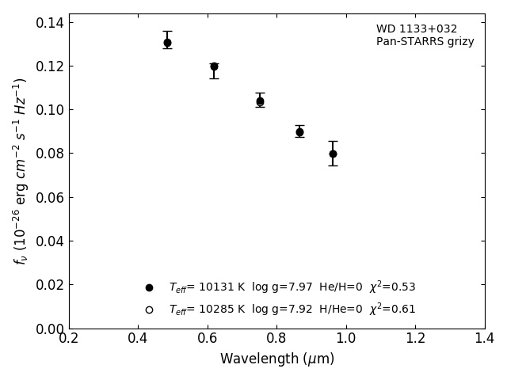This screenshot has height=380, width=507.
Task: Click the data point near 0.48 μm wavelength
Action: (x=167, y=43)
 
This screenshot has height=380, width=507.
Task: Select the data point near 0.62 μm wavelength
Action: (x=214, y=66)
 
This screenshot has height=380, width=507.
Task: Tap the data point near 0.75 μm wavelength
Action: (x=260, y=101)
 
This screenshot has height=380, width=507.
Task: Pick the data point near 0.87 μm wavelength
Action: (x=299, y=132)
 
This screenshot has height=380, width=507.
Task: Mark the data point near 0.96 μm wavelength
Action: (x=333, y=154)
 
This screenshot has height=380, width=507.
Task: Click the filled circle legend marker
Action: (x=149, y=287)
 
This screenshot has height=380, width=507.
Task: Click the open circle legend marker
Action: (x=149, y=310)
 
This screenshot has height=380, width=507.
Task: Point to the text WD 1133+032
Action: (x=417, y=29)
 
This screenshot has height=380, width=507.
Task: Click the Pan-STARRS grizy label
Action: (x=425, y=42)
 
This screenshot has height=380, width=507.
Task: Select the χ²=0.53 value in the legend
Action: (x=392, y=287)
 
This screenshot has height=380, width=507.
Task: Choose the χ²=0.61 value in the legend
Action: (x=392, y=310)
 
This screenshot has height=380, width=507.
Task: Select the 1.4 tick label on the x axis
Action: (x=484, y=339)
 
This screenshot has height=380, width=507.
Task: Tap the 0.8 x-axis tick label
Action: (x=276, y=339)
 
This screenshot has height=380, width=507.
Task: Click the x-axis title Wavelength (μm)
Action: (x=276, y=359)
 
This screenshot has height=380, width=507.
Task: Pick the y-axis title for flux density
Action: (x=20, y=170)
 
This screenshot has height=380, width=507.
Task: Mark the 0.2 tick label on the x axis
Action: (x=69, y=339)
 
